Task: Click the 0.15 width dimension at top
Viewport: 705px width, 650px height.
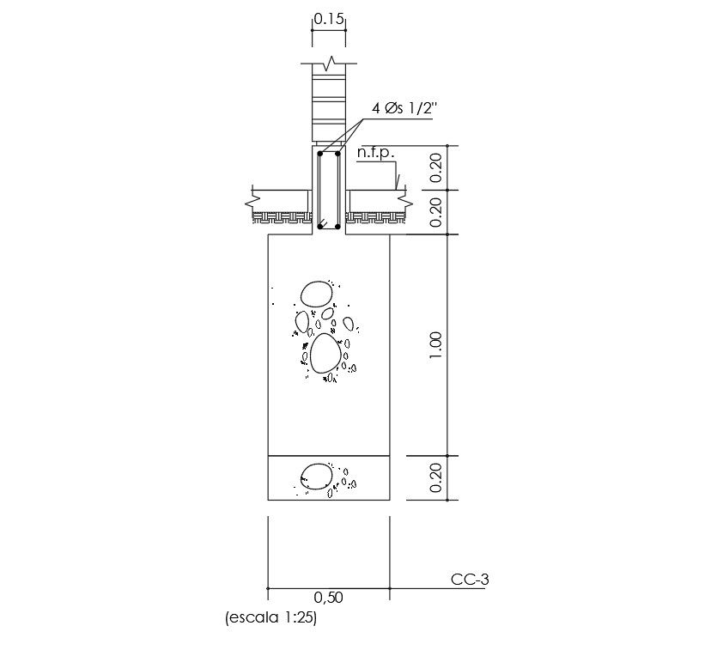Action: pyautogui.click(x=329, y=19)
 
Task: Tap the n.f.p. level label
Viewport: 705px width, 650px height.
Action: pyautogui.click(x=376, y=154)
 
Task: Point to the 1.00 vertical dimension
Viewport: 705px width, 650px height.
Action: pyautogui.click(x=435, y=345)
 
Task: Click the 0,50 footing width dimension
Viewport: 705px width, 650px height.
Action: pyautogui.click(x=328, y=598)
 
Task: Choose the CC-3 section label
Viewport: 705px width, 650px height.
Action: pyautogui.click(x=470, y=580)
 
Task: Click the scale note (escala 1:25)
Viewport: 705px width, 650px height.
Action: pyautogui.click(x=271, y=617)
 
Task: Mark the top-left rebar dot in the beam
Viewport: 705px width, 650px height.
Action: pyautogui.click(x=320, y=154)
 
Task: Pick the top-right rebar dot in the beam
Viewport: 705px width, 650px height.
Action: pyautogui.click(x=337, y=154)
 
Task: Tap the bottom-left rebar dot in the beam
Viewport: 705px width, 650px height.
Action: pyautogui.click(x=320, y=226)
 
